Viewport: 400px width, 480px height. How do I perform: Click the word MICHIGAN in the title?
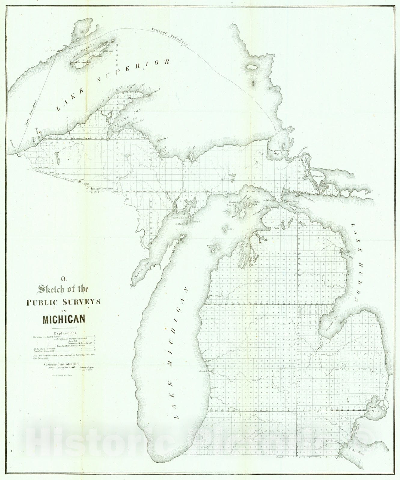[x=64, y=319]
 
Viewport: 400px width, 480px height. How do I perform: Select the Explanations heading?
[x=65, y=333]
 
